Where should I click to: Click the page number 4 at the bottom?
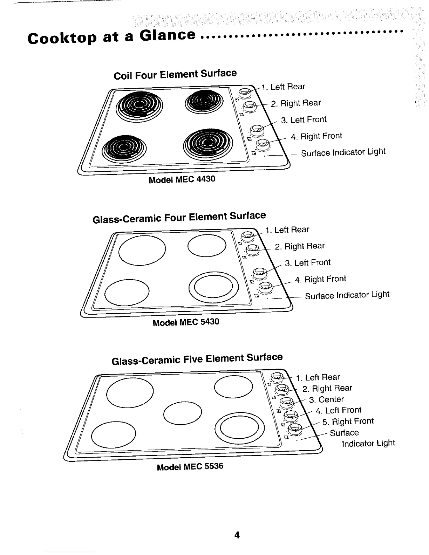[x=237, y=535]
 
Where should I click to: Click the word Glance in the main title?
[x=168, y=35]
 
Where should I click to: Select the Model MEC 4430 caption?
[x=182, y=179]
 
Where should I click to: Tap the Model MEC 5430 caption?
[x=186, y=322]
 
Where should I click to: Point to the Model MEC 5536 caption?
[x=190, y=467]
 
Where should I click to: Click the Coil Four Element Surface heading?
[x=175, y=74]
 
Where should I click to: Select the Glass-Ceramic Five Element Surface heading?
[x=197, y=359]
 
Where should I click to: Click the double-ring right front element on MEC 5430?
[x=213, y=288]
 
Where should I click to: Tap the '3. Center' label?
[x=326, y=399]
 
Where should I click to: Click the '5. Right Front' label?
[x=348, y=421]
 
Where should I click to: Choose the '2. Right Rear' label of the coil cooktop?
[x=296, y=103]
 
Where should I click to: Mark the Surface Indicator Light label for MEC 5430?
[x=347, y=295]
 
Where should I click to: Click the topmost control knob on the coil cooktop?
[x=244, y=93]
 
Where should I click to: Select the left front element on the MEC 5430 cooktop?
[x=127, y=292]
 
